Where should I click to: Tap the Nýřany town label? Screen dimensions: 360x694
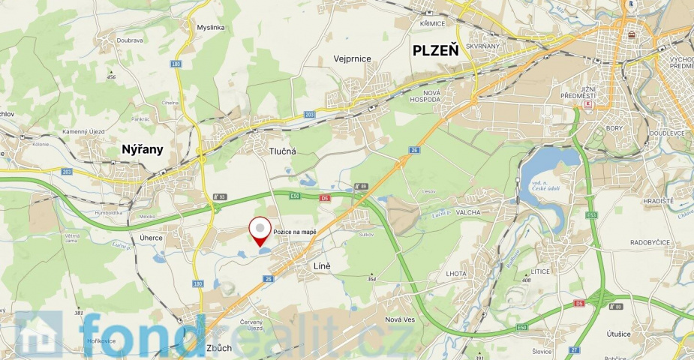coord(143,150)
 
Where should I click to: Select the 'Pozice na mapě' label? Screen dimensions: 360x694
coord(295,232)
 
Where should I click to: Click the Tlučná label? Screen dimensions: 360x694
coord(283,151)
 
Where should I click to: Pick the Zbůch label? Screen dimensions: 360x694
coord(218,348)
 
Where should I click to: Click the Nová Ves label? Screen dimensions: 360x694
coord(399,320)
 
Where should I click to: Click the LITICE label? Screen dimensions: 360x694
coord(539,271)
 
